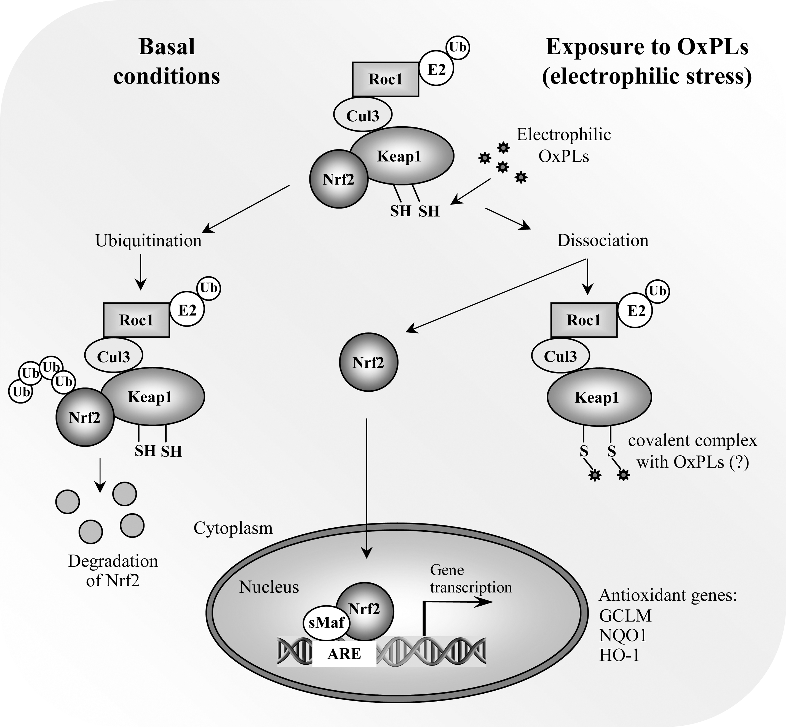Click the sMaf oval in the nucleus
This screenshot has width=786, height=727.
click(327, 622)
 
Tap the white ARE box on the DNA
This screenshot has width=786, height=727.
click(344, 654)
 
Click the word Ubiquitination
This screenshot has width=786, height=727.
click(148, 241)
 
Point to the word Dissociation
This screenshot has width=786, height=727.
click(603, 240)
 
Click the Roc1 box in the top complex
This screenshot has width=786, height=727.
click(386, 79)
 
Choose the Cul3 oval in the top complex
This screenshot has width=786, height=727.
click(363, 115)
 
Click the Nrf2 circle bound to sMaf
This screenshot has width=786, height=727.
click(364, 611)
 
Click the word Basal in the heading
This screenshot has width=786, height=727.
click(167, 47)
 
